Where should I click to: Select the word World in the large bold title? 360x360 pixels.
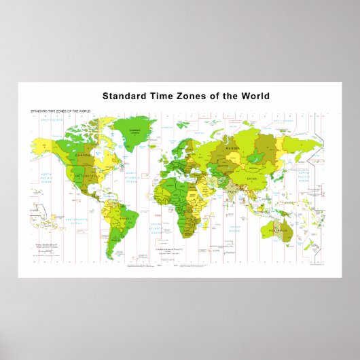252,96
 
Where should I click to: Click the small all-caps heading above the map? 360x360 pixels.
60,110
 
